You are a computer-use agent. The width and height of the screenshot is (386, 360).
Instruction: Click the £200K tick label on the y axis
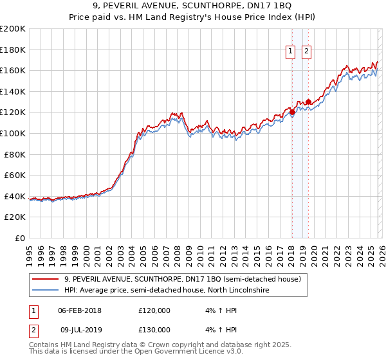click(x=13, y=29)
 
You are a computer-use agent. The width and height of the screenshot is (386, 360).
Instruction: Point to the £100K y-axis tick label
click(x=13, y=133)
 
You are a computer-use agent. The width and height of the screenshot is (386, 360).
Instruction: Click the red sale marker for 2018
click(x=292, y=113)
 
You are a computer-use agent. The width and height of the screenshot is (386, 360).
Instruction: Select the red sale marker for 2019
click(x=308, y=102)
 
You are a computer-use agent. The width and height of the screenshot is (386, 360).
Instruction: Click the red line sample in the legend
click(x=46, y=279)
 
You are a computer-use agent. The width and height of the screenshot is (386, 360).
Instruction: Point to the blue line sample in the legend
click(x=46, y=291)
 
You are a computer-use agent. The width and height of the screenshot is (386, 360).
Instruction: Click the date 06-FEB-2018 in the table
click(x=80, y=310)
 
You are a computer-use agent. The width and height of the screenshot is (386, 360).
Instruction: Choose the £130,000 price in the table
click(x=154, y=330)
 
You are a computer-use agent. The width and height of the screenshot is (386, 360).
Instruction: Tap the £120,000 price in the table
click(x=154, y=310)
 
